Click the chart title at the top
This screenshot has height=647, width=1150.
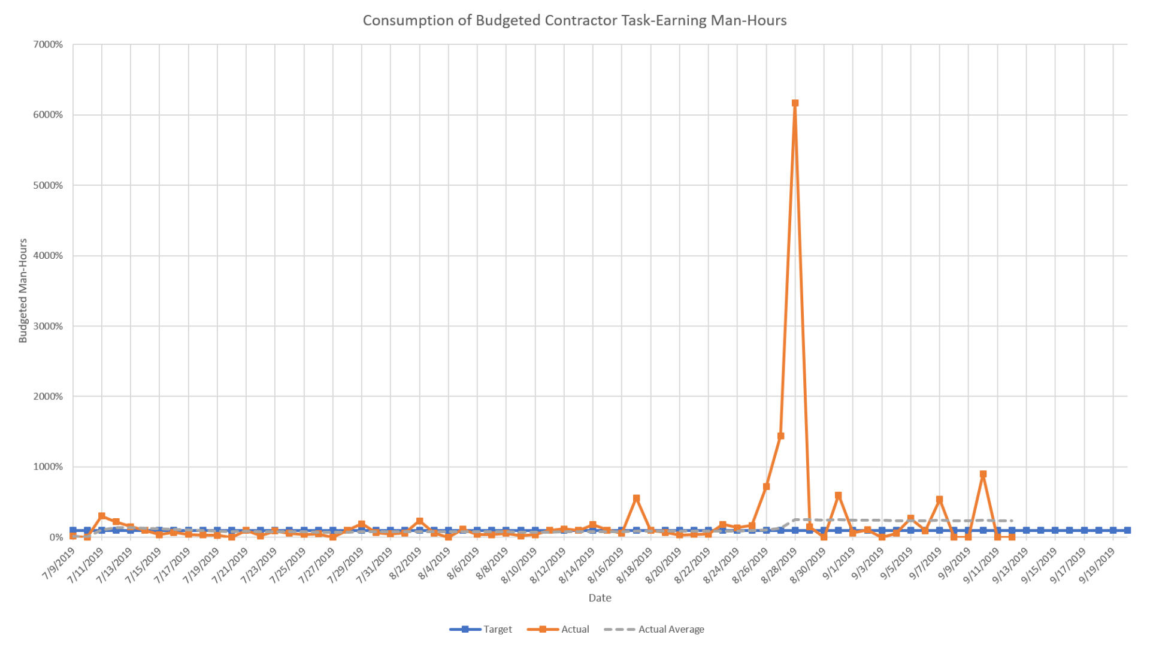(x=574, y=20)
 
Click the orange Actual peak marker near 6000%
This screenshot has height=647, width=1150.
(x=795, y=103)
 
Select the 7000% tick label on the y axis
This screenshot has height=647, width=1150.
(x=48, y=44)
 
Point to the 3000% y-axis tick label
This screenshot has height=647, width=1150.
(x=48, y=326)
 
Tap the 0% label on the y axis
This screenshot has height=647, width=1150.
(x=56, y=537)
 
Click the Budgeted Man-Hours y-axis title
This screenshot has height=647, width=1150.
(x=23, y=291)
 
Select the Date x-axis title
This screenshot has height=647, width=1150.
(x=600, y=597)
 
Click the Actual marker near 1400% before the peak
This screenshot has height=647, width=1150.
(x=780, y=436)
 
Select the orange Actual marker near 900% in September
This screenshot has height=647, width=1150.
(x=983, y=474)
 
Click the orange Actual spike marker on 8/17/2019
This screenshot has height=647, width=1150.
(x=636, y=498)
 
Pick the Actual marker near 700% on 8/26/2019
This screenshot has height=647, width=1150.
(x=766, y=486)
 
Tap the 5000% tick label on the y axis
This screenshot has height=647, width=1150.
(x=48, y=185)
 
